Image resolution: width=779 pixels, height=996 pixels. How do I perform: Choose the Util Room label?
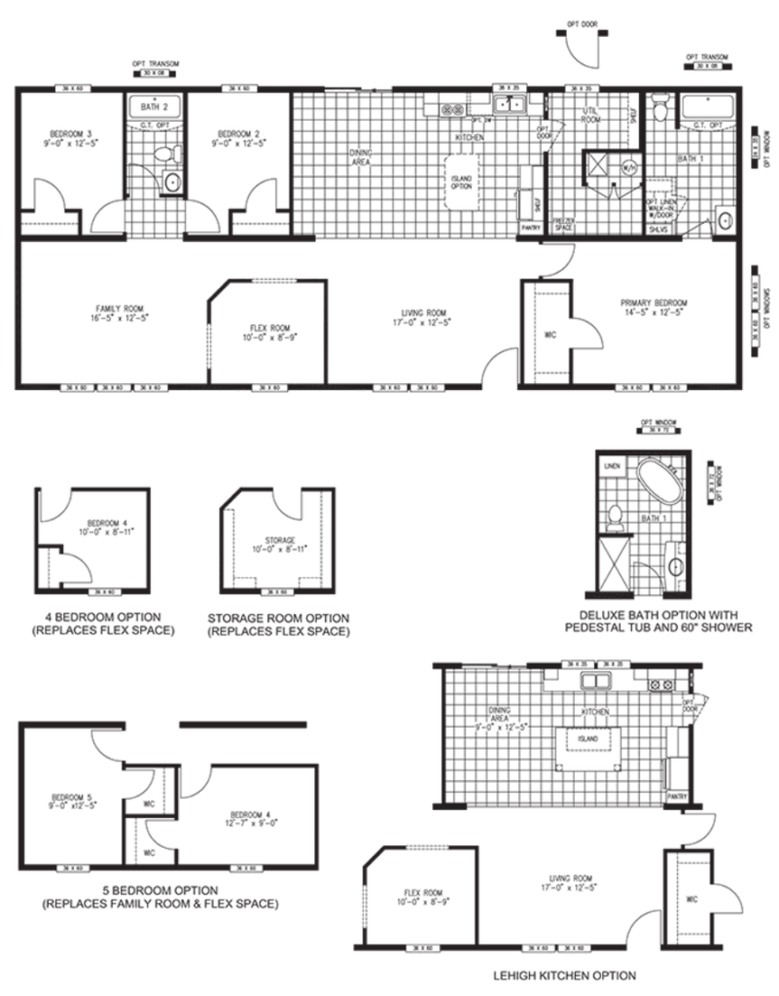point(590,116)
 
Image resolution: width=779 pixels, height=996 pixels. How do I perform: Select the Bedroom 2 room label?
point(237,137)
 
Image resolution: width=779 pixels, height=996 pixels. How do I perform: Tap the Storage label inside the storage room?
point(279,540)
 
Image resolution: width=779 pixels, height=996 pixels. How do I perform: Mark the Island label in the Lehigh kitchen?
point(586,738)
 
